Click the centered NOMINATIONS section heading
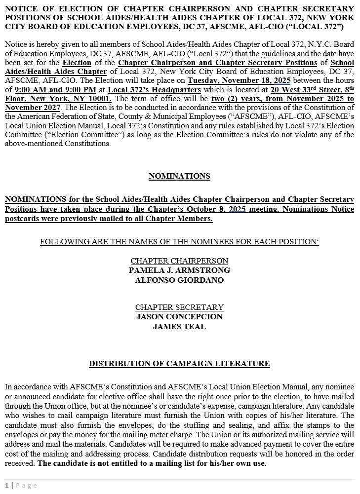click(179, 176)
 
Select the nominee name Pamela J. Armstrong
click(179, 270)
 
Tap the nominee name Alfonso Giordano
click(179, 280)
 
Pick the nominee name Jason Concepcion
click(179, 317)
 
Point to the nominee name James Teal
click(179, 327)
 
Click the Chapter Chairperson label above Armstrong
click(179, 261)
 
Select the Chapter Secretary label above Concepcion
click(179, 307)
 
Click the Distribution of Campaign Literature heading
click(179, 364)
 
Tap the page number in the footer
click(7, 486)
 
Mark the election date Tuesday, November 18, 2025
click(239, 80)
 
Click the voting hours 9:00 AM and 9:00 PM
click(55, 90)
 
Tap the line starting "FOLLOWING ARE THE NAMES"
click(179, 242)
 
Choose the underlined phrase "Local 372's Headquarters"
click(154, 90)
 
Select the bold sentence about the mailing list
click(152, 463)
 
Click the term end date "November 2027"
click(33, 108)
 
